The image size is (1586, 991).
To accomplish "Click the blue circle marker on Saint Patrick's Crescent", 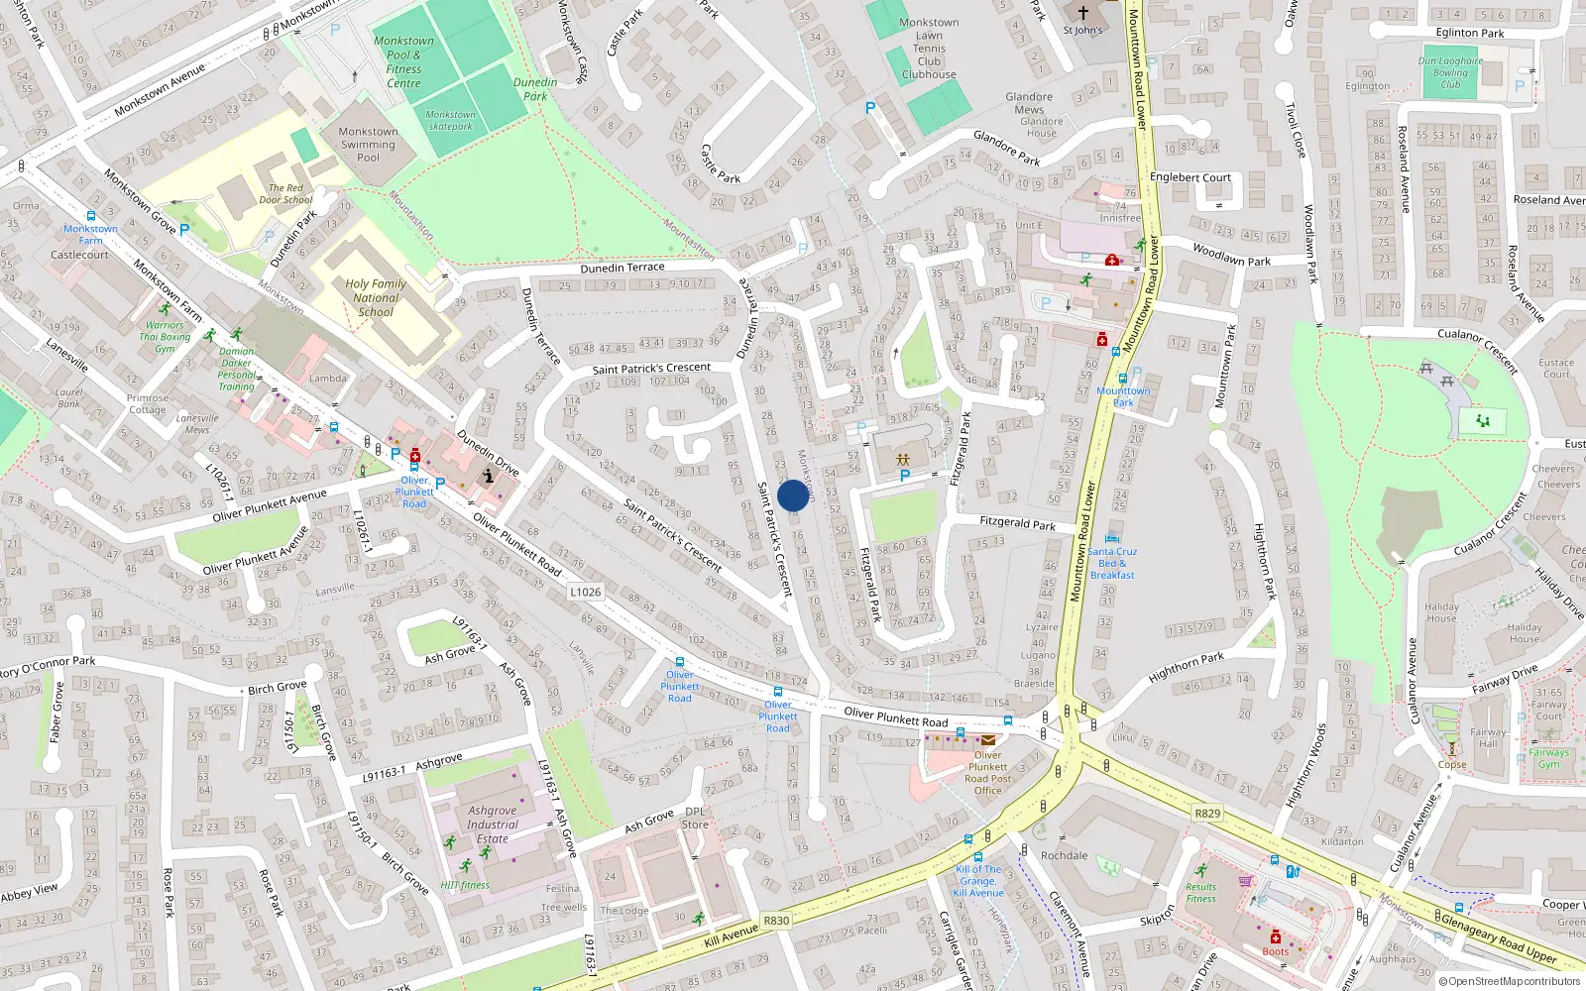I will click(793, 495).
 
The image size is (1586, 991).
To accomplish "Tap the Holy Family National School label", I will click(376, 297).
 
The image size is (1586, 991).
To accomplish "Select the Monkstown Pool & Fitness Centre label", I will click(403, 62).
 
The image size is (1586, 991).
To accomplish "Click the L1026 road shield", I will click(585, 592).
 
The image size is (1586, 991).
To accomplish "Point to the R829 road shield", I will click(1207, 813).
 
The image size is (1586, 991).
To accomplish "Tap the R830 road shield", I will click(776, 921).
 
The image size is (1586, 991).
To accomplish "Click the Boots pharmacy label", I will click(1276, 951).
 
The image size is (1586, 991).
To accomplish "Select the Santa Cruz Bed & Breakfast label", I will click(1112, 563).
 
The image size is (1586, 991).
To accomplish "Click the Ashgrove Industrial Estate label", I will click(493, 825).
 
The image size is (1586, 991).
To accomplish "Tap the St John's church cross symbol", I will click(1083, 13).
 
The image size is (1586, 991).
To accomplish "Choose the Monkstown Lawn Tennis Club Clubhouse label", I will click(929, 49).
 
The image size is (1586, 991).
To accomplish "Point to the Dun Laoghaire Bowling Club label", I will click(1450, 72).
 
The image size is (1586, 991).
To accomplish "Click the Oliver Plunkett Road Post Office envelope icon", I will click(988, 739).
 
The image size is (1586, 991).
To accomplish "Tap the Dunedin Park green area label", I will click(535, 89).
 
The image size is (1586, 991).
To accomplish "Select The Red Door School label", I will click(285, 193).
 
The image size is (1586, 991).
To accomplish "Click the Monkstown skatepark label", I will click(451, 120).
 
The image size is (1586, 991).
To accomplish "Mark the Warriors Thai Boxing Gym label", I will click(165, 337).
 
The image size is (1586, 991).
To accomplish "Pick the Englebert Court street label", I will click(1189, 177).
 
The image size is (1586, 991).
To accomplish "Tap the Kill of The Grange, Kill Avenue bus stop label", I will click(978, 881).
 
